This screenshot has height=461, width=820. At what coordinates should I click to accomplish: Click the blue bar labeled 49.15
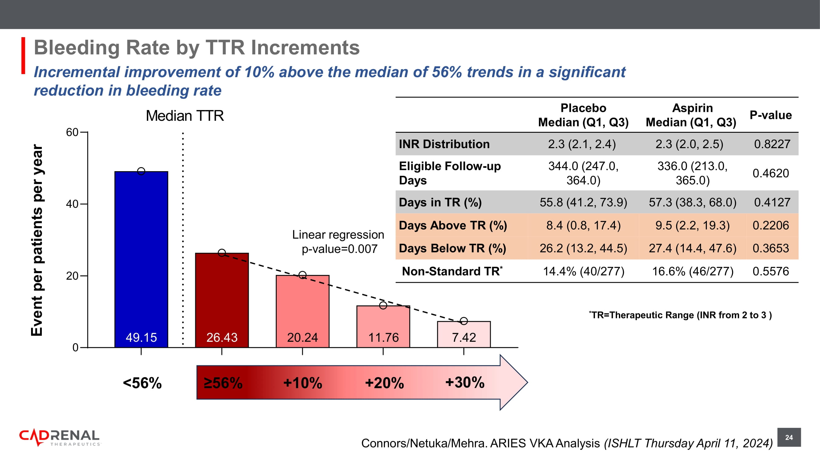[141, 259]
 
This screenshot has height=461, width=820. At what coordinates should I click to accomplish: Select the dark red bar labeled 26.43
[222, 300]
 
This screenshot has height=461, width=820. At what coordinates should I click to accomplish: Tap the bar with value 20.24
[303, 311]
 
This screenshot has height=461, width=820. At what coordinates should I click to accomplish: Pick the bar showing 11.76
[383, 326]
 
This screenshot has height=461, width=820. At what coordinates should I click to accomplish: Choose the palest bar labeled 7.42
[464, 334]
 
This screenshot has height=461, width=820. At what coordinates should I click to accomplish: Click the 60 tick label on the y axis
[72, 132]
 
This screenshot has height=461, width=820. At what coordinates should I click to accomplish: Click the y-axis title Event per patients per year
[37, 240]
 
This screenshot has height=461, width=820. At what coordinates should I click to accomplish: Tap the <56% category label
[142, 383]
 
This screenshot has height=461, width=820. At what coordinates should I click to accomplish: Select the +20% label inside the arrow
[385, 383]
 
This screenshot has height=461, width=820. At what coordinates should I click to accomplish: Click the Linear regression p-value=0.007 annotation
[339, 242]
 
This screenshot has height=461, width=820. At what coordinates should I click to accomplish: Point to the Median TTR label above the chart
[184, 116]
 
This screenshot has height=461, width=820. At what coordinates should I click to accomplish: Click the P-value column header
[771, 115]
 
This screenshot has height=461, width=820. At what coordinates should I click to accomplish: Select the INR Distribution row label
[444, 144]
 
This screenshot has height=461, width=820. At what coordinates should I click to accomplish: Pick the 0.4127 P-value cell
[772, 202]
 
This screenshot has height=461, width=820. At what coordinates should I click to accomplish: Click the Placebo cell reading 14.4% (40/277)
[584, 271]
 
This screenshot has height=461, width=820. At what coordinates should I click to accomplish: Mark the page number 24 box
[789, 437]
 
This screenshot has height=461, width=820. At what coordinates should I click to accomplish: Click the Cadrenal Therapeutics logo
[60, 438]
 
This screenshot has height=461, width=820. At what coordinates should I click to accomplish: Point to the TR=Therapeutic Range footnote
[680, 315]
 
